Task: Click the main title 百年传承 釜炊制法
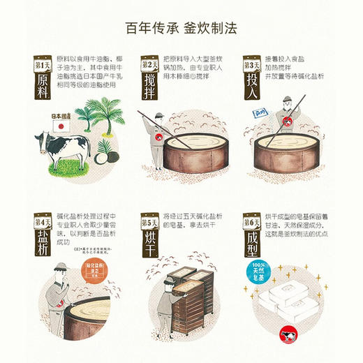[181, 28]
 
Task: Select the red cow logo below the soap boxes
[286, 335]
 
